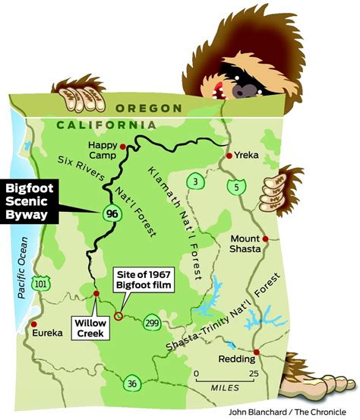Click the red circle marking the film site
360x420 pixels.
point(118,314)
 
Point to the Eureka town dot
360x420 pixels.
point(33,331)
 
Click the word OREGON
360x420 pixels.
point(150,109)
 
